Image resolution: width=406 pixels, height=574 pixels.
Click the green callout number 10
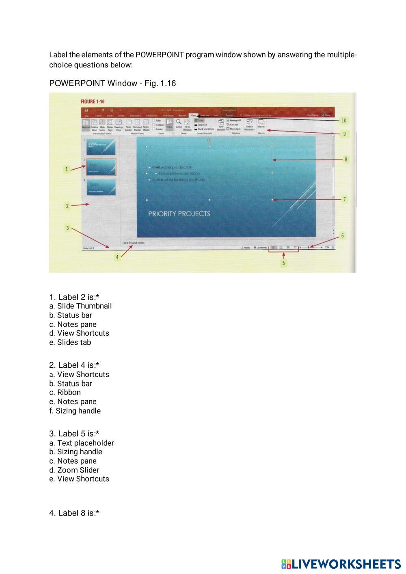tap(344, 121)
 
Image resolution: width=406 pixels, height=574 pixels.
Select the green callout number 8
tap(346, 160)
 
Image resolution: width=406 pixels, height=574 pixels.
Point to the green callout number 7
tap(344, 199)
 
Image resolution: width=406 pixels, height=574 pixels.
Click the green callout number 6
tap(342, 235)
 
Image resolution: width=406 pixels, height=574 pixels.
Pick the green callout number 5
tap(283, 263)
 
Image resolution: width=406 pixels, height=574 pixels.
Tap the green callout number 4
tap(117, 257)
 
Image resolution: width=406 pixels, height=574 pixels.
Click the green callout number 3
tap(68, 228)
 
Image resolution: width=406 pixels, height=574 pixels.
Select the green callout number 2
tap(67, 206)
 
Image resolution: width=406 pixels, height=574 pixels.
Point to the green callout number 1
tap(67, 169)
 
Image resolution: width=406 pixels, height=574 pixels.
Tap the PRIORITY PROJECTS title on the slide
tap(179, 214)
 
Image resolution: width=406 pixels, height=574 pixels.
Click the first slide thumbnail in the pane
tap(101, 147)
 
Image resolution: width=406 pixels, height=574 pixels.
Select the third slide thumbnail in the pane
tap(101, 188)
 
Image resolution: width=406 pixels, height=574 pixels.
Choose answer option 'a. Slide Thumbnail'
tap(80, 306)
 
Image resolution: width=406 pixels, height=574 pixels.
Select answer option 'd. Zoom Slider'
tap(74, 470)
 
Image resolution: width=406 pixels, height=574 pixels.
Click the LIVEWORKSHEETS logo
tap(341, 564)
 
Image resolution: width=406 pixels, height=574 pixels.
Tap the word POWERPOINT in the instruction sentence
tap(160, 55)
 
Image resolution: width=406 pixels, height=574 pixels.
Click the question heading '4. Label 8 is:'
tap(74, 513)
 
